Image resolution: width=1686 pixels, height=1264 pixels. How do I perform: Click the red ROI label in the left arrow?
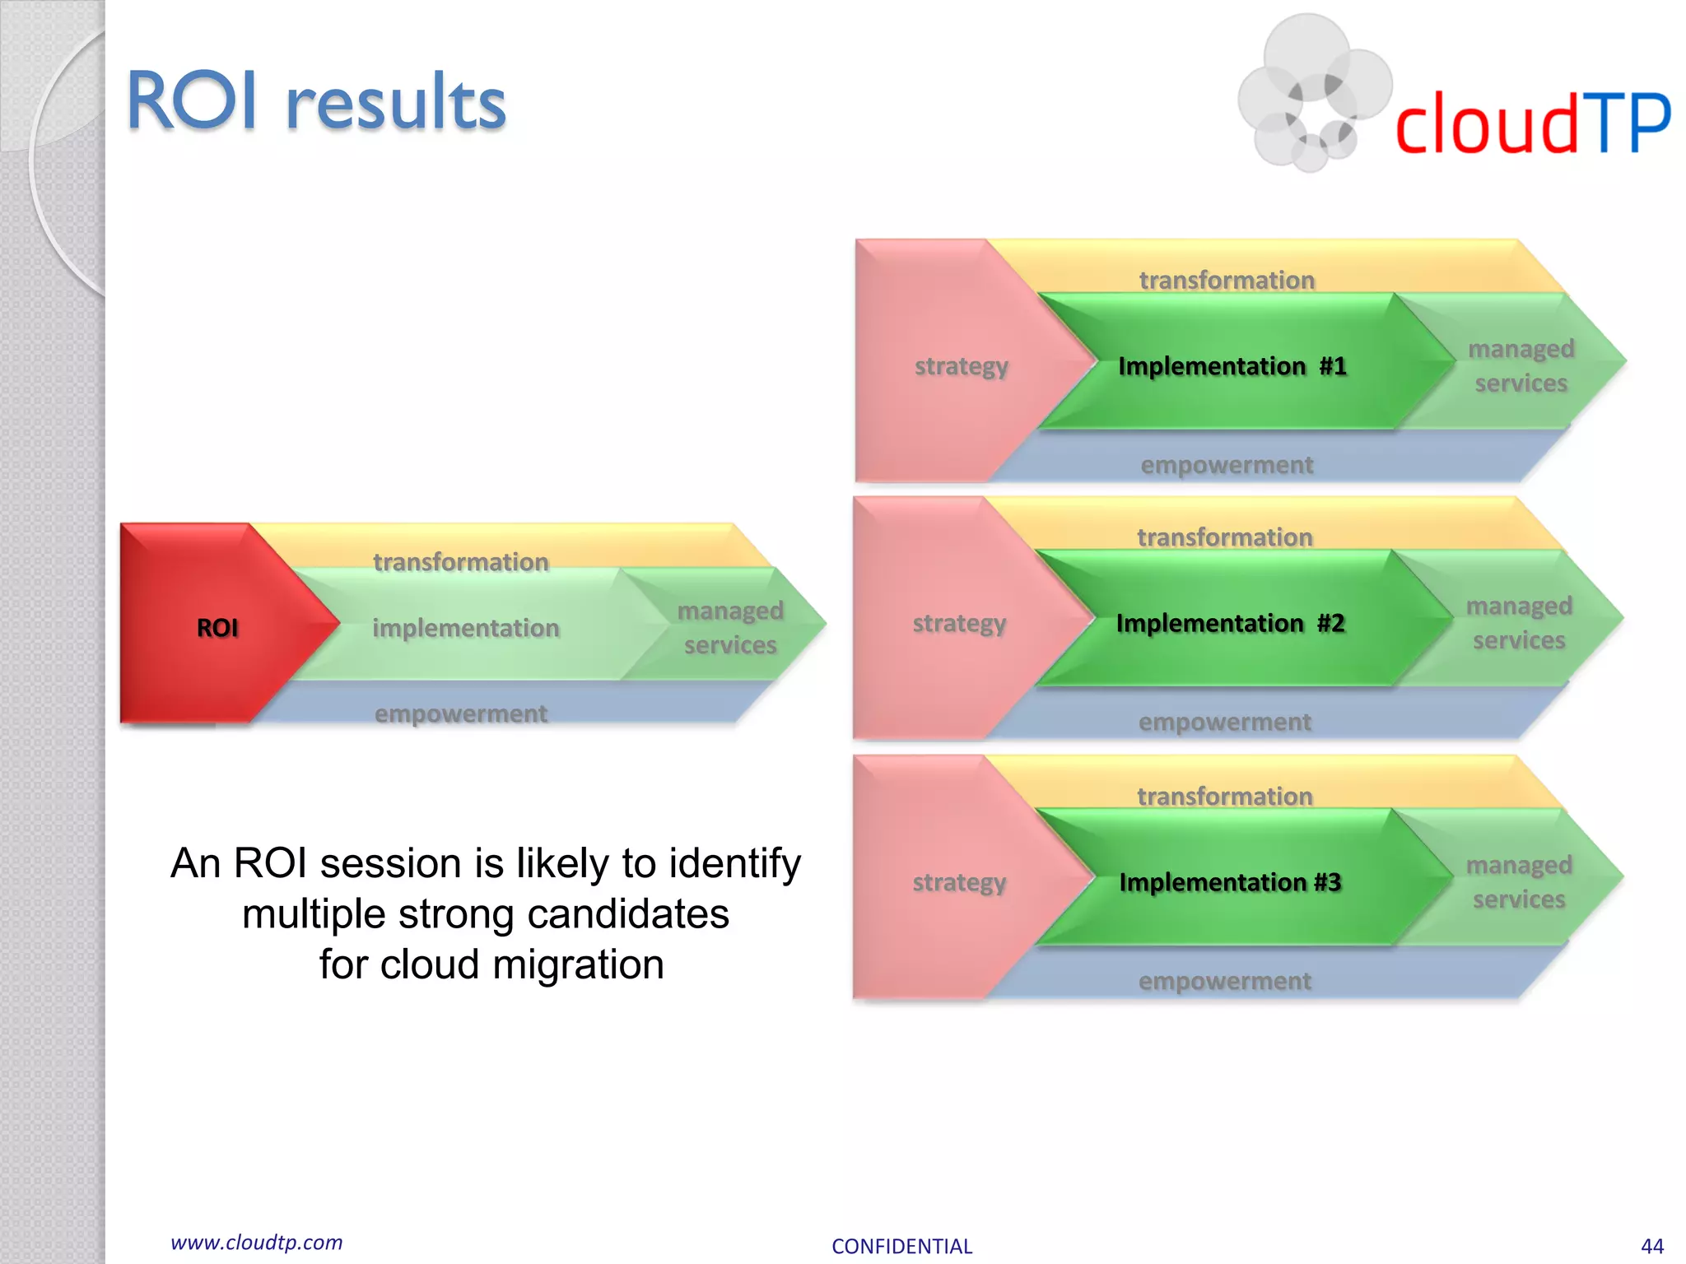click(217, 628)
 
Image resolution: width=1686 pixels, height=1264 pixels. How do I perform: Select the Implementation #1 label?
click(1232, 366)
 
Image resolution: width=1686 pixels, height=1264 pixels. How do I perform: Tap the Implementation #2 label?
click(1230, 624)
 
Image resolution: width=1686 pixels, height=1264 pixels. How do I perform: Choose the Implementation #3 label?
click(1230, 882)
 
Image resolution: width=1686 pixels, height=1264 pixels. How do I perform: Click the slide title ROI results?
click(316, 102)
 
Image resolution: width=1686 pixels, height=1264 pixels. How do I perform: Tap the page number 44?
click(1651, 1246)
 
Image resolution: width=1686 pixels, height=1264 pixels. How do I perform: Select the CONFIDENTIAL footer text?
click(901, 1246)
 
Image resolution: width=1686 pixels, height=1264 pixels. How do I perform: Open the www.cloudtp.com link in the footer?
click(256, 1243)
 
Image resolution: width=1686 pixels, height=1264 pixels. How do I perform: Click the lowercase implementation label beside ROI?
click(465, 628)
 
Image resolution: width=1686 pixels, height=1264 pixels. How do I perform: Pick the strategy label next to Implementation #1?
click(961, 366)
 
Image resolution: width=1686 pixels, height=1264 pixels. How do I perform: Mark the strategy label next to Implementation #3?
click(959, 882)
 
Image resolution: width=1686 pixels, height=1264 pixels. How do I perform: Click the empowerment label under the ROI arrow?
click(460, 713)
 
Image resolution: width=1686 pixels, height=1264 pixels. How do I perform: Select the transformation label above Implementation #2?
click(1224, 537)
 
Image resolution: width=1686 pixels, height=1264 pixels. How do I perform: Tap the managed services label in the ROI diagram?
click(730, 628)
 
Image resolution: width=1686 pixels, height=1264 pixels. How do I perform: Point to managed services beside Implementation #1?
click(1521, 366)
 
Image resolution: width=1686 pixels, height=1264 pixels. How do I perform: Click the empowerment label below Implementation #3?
click(1224, 981)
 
